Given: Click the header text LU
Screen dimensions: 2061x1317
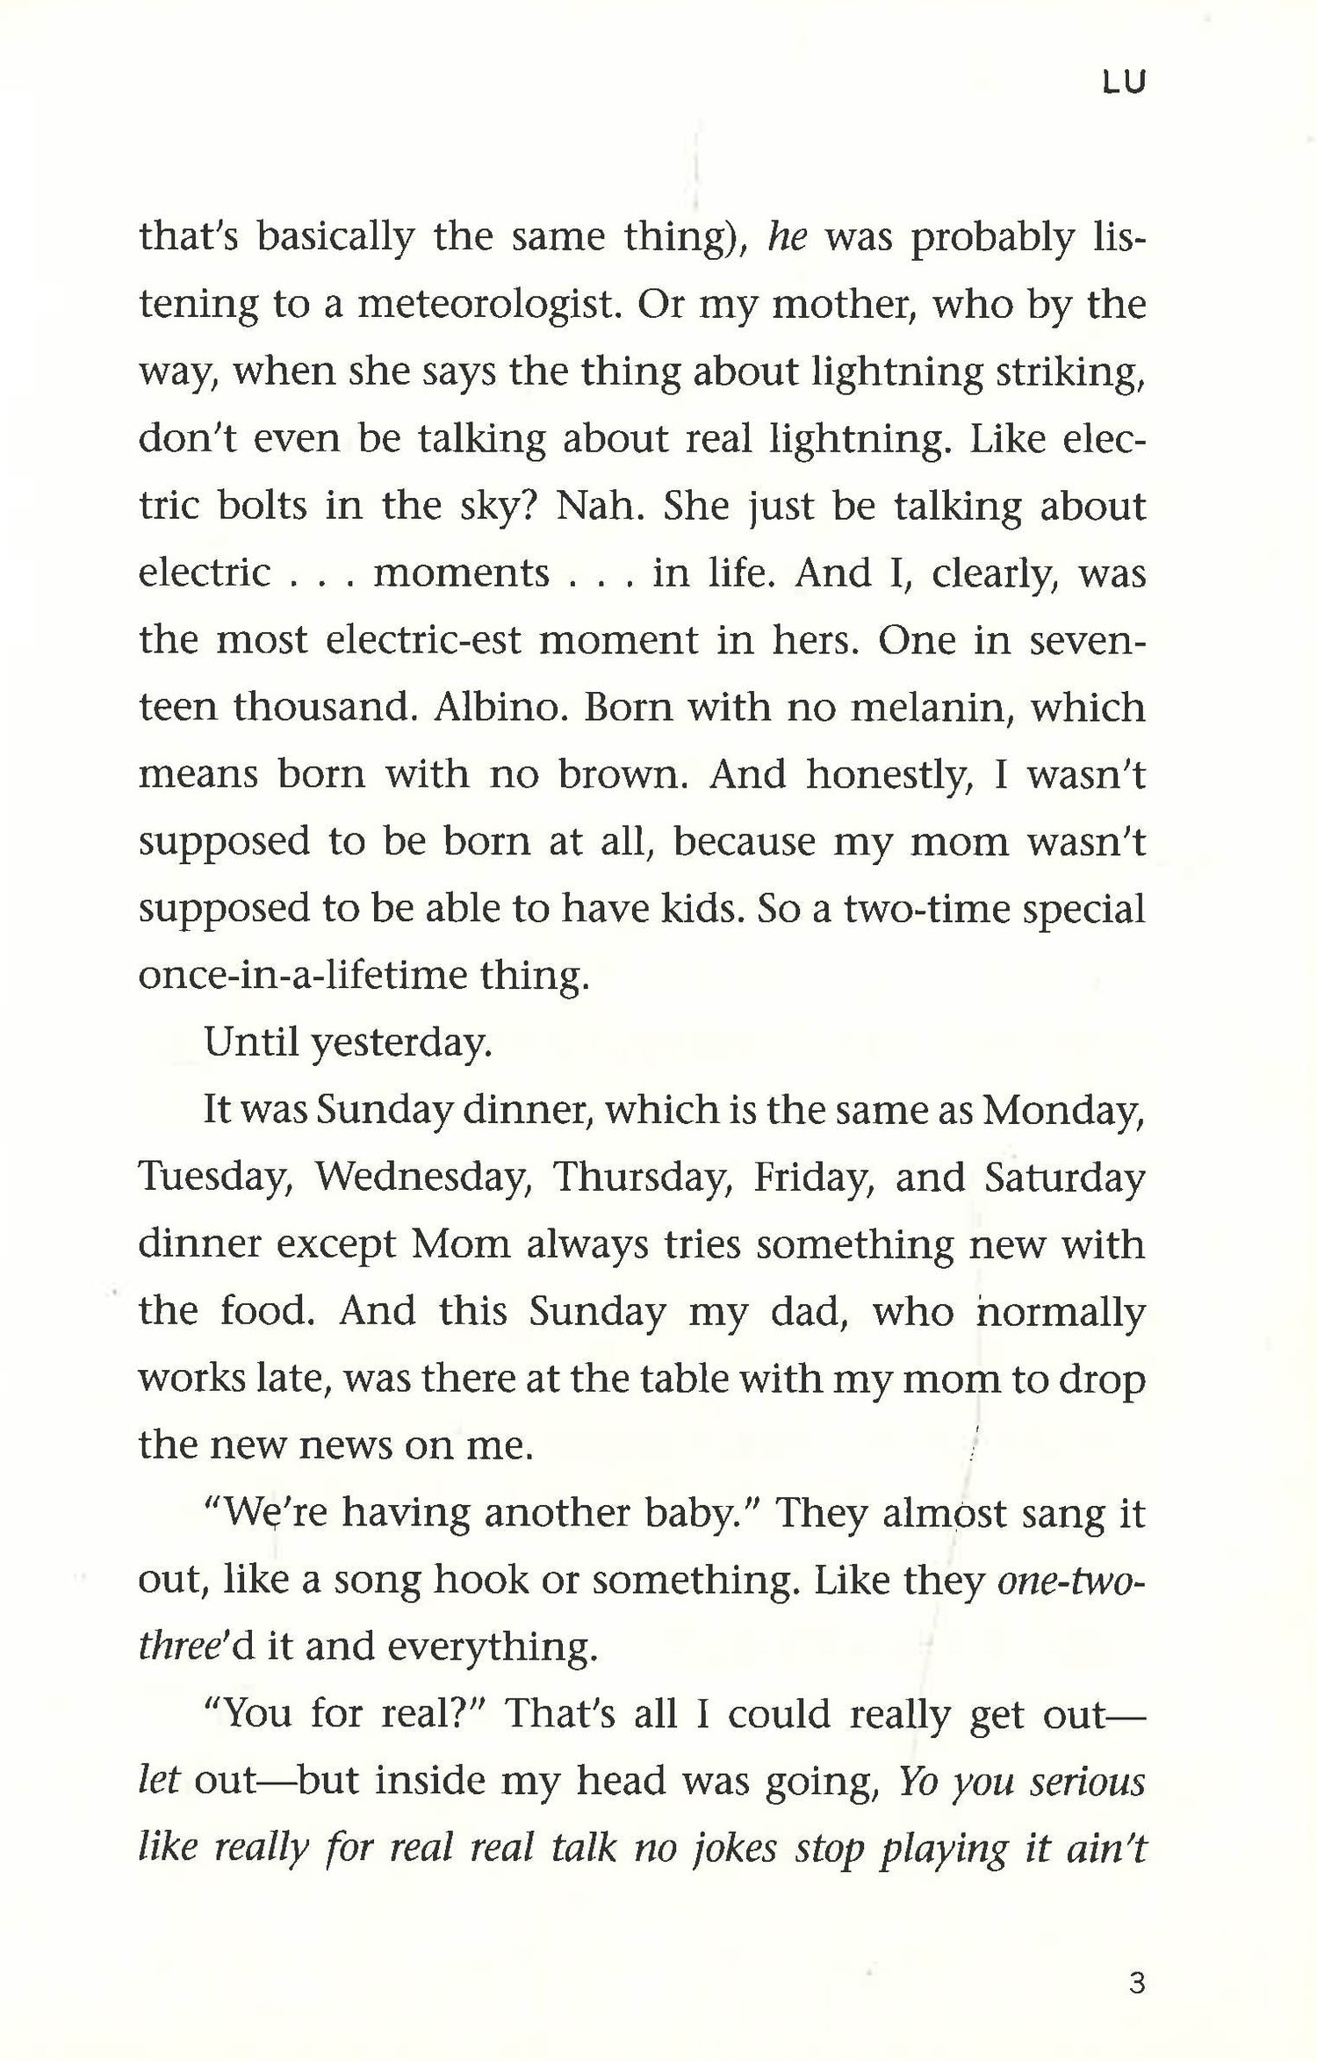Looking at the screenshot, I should coord(1124,83).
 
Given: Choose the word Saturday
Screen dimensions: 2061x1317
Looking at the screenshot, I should coord(1064,1177).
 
